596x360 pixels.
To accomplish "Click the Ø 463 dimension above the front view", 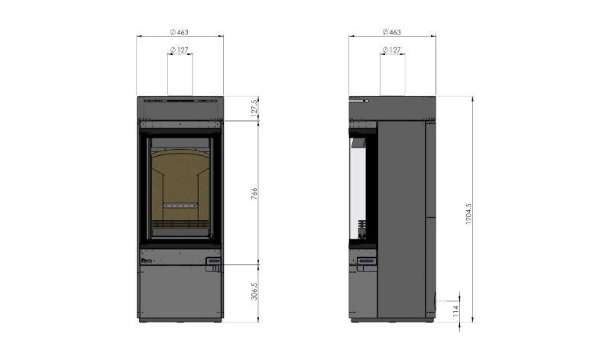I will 180,31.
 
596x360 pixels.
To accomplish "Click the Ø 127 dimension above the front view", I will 180,50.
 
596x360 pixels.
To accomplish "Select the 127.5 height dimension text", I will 254,107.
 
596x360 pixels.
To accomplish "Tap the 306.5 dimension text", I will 254,291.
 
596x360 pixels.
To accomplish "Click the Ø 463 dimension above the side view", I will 392,31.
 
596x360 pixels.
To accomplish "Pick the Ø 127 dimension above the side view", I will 392,50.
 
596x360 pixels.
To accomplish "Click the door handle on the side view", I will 368,261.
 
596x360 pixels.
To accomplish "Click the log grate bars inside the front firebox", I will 180,225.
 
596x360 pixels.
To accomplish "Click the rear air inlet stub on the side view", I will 438,301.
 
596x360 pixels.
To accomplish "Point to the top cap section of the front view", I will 180,108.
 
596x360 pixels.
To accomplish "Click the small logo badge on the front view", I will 145,261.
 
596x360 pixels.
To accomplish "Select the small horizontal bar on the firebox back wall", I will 180,205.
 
